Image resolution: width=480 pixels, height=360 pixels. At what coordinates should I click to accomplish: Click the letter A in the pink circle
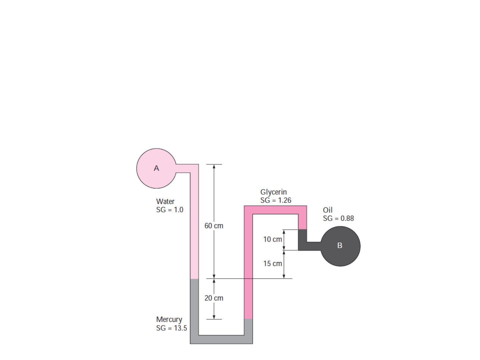(156, 168)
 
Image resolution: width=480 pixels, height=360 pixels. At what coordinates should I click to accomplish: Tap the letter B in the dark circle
(340, 245)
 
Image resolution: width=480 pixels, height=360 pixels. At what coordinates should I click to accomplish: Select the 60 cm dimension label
(214, 226)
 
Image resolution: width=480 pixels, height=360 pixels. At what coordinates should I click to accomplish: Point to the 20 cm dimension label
(214, 298)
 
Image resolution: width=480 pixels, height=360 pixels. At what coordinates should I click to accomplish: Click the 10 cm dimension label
(273, 239)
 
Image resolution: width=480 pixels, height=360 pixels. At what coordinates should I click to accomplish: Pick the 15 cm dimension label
(273, 264)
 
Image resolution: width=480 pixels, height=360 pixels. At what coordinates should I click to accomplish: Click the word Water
(165, 201)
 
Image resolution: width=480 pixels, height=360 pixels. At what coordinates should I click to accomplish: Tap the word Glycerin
(273, 192)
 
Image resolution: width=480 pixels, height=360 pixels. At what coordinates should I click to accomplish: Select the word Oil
(328, 210)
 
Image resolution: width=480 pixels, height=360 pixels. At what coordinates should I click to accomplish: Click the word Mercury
(169, 320)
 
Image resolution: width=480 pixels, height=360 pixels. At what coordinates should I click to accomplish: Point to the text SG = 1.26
(276, 200)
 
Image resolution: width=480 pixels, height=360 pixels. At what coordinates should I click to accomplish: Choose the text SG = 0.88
(338, 218)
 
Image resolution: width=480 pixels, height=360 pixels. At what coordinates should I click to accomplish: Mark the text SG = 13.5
(172, 328)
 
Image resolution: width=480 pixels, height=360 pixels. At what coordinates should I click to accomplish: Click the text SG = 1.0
(170, 210)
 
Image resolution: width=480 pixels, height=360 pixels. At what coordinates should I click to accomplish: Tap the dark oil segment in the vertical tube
(302, 240)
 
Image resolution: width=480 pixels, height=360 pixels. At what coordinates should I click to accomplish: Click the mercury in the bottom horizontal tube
(221, 339)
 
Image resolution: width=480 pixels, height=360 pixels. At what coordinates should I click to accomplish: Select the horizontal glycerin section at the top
(275, 210)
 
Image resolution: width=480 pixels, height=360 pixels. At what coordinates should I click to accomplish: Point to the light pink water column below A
(194, 225)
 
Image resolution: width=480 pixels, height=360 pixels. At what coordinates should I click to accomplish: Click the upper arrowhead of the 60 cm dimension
(214, 167)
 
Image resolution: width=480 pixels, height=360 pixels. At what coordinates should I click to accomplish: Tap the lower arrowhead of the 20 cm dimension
(214, 317)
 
